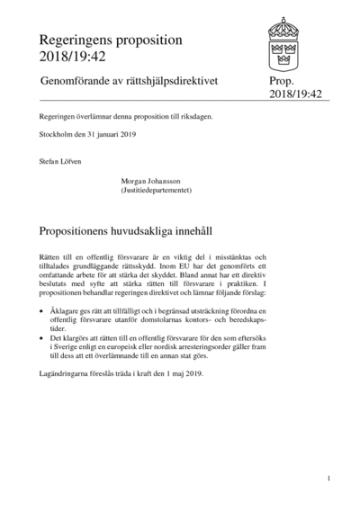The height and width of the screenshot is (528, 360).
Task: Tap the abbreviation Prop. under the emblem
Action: [x=282, y=82]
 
